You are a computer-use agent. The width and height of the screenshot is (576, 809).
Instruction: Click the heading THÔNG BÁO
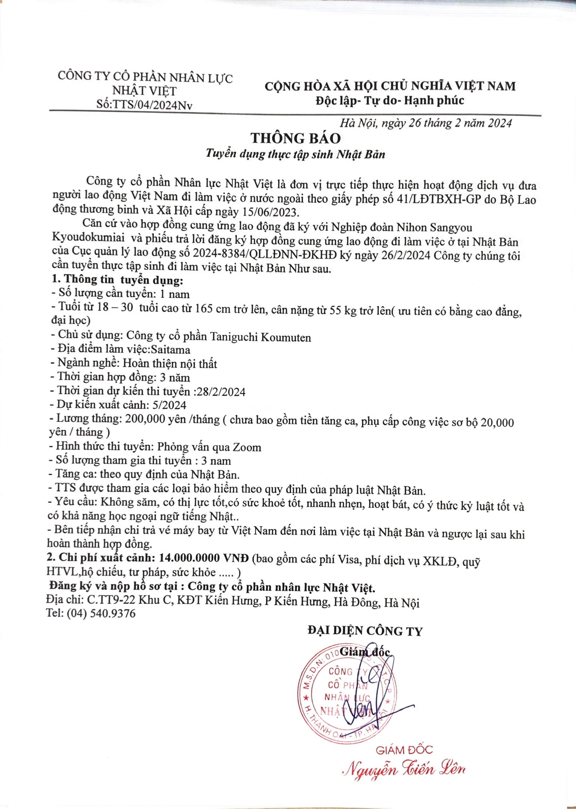click(x=296, y=138)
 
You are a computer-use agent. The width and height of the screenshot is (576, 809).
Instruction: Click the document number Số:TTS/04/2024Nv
click(x=144, y=105)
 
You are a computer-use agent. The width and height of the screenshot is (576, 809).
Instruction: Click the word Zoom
click(x=247, y=447)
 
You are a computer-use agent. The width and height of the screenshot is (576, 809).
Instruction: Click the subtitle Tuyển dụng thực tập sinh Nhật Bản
click(x=295, y=155)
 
